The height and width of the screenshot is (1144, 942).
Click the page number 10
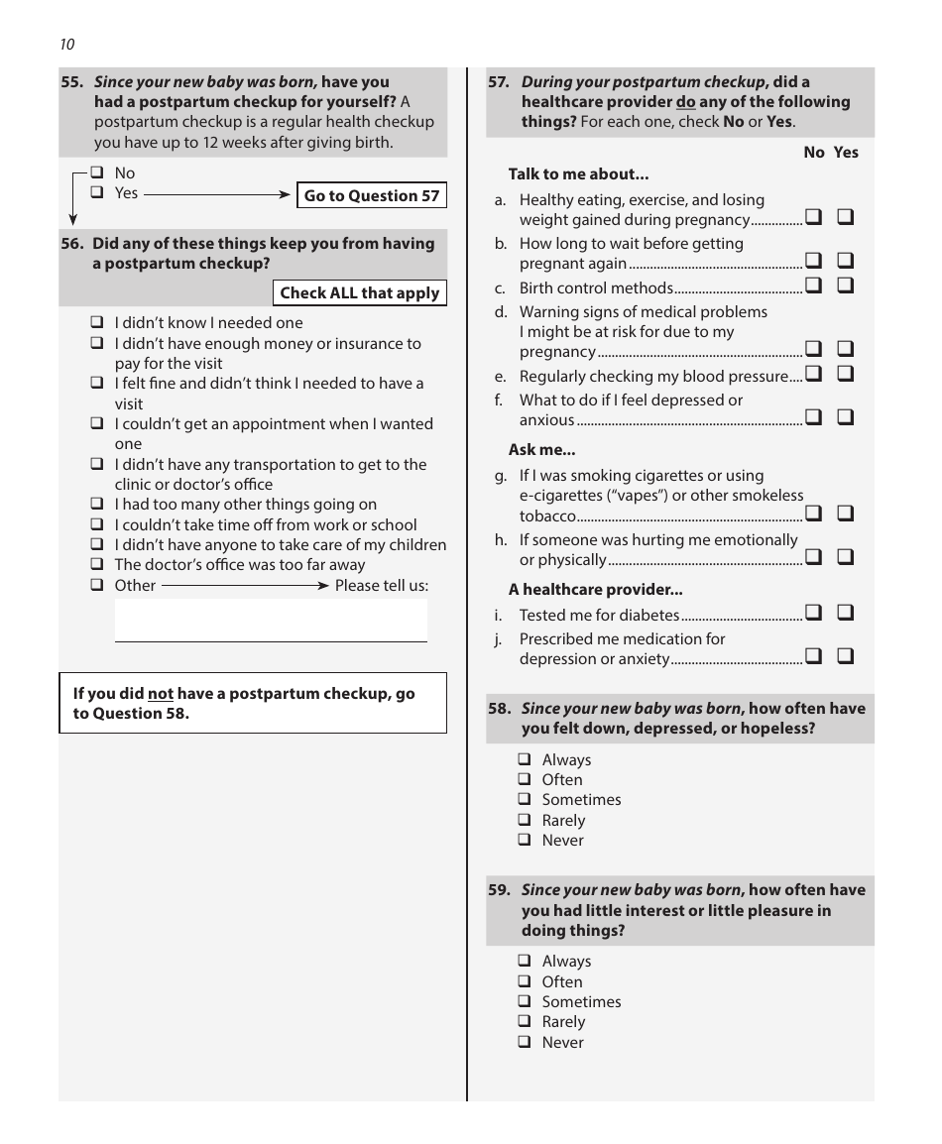click(x=66, y=44)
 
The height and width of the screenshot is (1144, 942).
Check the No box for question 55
click(x=97, y=173)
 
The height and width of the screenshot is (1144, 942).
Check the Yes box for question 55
click(x=97, y=193)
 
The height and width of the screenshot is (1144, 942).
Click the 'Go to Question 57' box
click(x=371, y=195)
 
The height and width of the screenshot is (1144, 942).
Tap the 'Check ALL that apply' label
click(x=359, y=293)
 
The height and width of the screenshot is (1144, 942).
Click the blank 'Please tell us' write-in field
click(x=271, y=621)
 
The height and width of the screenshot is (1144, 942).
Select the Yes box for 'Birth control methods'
click(x=846, y=286)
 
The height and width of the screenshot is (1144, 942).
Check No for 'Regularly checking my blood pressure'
click(x=813, y=375)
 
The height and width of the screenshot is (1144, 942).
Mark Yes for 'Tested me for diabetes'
click(x=846, y=614)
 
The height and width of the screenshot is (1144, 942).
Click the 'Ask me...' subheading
click(x=535, y=450)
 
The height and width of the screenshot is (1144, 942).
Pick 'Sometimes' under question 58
click(x=525, y=800)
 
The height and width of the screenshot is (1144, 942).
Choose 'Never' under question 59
click(x=525, y=1043)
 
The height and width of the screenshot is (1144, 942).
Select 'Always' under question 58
click(x=525, y=760)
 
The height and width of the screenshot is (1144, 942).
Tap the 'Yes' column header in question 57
click(x=846, y=153)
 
